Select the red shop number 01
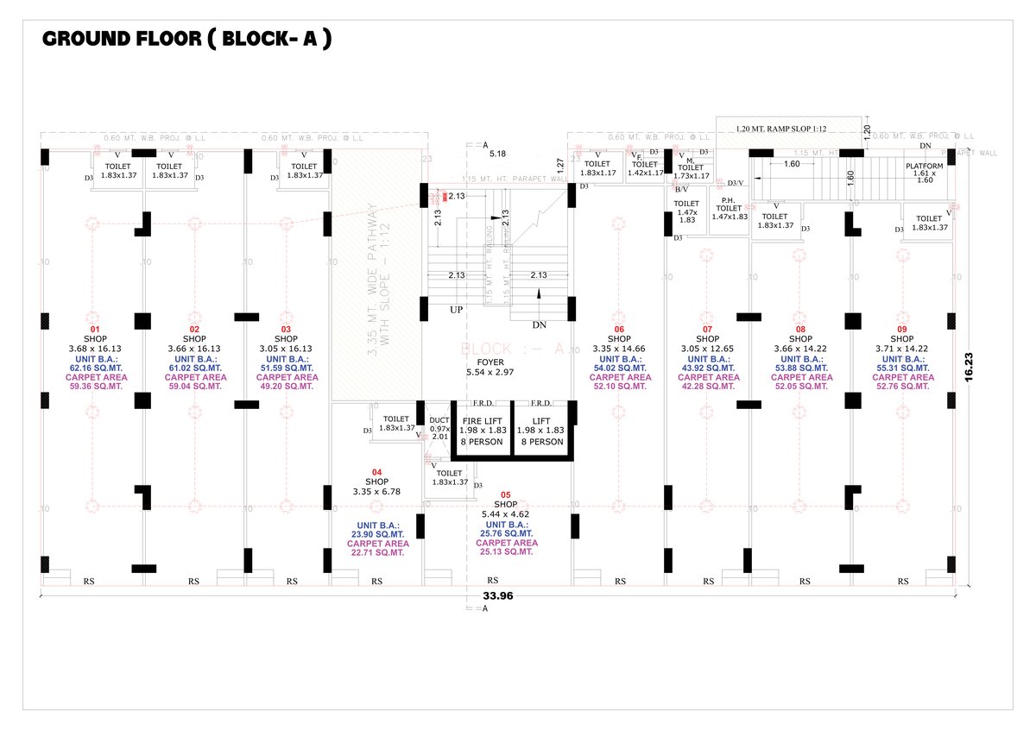[x=96, y=330]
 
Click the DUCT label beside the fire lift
[x=439, y=420]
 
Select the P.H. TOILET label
[x=730, y=208]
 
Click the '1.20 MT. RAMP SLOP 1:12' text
[x=781, y=129]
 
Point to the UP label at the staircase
[x=456, y=308]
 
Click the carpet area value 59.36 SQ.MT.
[x=96, y=387]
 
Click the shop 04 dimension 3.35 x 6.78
[x=376, y=491]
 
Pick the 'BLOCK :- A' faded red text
[x=512, y=349]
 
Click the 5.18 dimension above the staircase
[x=497, y=153]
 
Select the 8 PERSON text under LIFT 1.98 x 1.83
[x=541, y=442]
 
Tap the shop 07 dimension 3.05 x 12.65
[x=707, y=349]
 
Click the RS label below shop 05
[x=493, y=580]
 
